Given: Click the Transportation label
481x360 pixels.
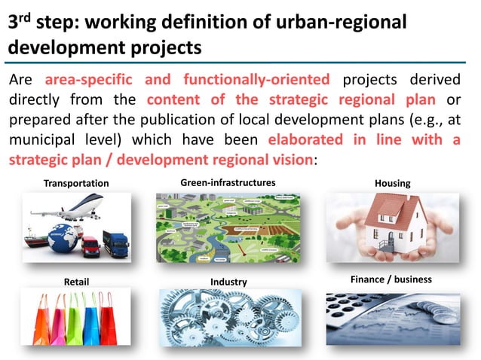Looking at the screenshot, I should coord(75,183).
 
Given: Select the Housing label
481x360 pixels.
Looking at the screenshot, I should coord(392,183).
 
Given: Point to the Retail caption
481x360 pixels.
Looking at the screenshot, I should coord(76,282).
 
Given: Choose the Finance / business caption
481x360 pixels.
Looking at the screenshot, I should coord(391,279).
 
